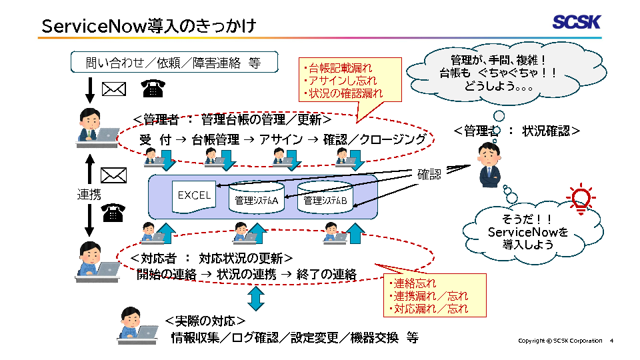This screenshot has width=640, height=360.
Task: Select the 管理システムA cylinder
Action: pyautogui.click(x=257, y=198)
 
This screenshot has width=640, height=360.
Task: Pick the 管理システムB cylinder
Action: pyautogui.click(x=325, y=198)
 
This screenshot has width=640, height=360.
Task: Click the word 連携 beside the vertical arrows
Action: pyautogui.click(x=89, y=195)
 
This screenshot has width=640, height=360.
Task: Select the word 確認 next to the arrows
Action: pyautogui.click(x=429, y=175)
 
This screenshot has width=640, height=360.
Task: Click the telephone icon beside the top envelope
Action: pyautogui.click(x=153, y=89)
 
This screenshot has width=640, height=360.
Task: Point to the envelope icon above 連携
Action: pyautogui.click(x=113, y=175)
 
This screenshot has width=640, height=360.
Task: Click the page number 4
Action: pyautogui.click(x=611, y=341)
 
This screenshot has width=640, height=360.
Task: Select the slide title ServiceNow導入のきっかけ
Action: pyautogui.click(x=148, y=25)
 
